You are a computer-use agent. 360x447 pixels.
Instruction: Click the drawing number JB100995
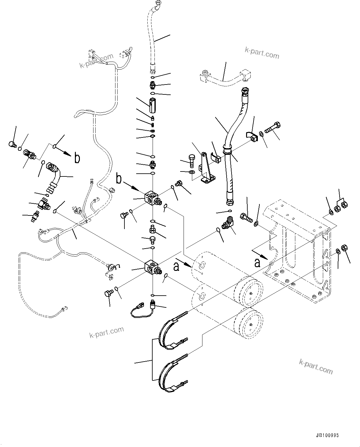pos(327,435)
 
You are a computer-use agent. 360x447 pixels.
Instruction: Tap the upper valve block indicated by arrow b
pos(151,198)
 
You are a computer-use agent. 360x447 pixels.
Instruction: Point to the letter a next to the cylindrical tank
pos(176,267)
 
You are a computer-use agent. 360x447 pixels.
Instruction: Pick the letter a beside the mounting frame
pos(257,263)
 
